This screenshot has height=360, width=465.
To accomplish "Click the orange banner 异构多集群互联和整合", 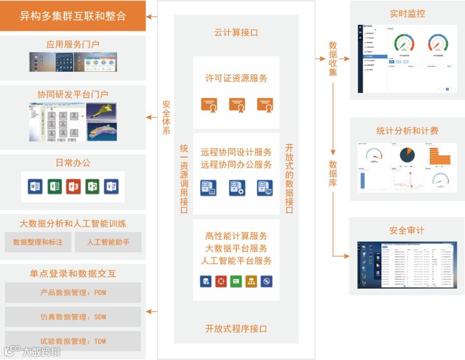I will pos(73,16).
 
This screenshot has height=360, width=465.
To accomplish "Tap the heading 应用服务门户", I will pos(73,44).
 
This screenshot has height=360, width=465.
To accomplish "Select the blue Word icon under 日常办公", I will pos(35,187).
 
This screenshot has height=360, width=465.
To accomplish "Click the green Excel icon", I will pos(54,187).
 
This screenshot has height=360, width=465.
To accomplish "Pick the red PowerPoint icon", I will pos(73,187).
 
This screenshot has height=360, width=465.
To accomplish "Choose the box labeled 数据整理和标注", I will pos(38,242).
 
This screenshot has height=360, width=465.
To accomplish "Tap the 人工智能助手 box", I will pos(108,242).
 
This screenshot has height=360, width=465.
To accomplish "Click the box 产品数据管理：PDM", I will pos(73,292).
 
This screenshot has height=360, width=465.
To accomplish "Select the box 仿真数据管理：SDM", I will pos(73,317).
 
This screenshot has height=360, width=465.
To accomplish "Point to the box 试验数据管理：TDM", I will pos(73,341).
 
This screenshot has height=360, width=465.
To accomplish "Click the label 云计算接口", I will pos(236,32).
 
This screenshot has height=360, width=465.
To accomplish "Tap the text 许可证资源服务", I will pos(236,78).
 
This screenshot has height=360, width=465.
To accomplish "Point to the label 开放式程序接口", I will pos(236,329).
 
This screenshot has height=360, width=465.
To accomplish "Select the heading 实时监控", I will pos(407,14).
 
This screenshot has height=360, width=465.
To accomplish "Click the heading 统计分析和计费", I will pos(407,131).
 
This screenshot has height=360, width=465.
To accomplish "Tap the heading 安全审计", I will pos(407,231).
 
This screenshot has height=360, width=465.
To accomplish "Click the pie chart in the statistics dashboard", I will pos(407,154).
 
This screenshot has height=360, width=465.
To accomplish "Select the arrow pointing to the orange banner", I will pos(152,17).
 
